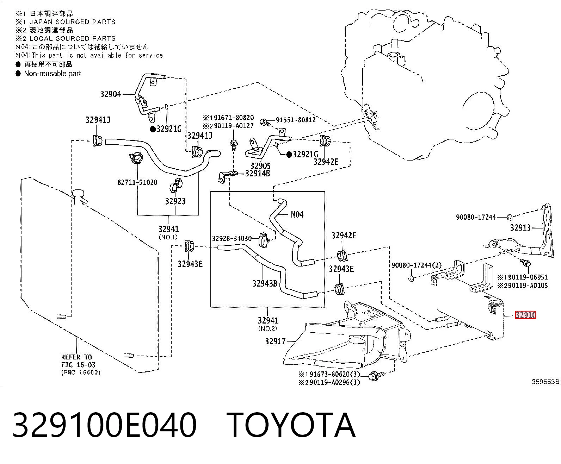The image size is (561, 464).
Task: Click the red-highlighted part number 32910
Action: coord(525,315)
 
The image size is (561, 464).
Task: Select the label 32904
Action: coord(110,94)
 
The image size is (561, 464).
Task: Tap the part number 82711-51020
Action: coord(137,182)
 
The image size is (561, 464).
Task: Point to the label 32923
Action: coord(175,201)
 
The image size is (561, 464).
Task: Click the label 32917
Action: coord(275,341)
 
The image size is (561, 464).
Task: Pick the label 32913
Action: coord(520,228)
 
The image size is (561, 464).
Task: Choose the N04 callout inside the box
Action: coord(297,214)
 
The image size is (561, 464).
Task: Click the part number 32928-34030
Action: coord(232,238)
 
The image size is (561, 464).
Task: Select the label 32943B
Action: coord(265,283)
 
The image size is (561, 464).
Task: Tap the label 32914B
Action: coord(257,174)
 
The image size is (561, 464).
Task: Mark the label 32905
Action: coord(260,166)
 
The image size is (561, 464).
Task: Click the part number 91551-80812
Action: coord(296,120)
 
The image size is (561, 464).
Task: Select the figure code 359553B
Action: coord(545,382)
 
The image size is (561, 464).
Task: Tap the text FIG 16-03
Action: coord(78,365)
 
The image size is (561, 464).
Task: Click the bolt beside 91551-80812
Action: coord(265,123)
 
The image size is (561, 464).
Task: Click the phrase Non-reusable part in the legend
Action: coord(53,73)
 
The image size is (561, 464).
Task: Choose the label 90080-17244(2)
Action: coord(417,265)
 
